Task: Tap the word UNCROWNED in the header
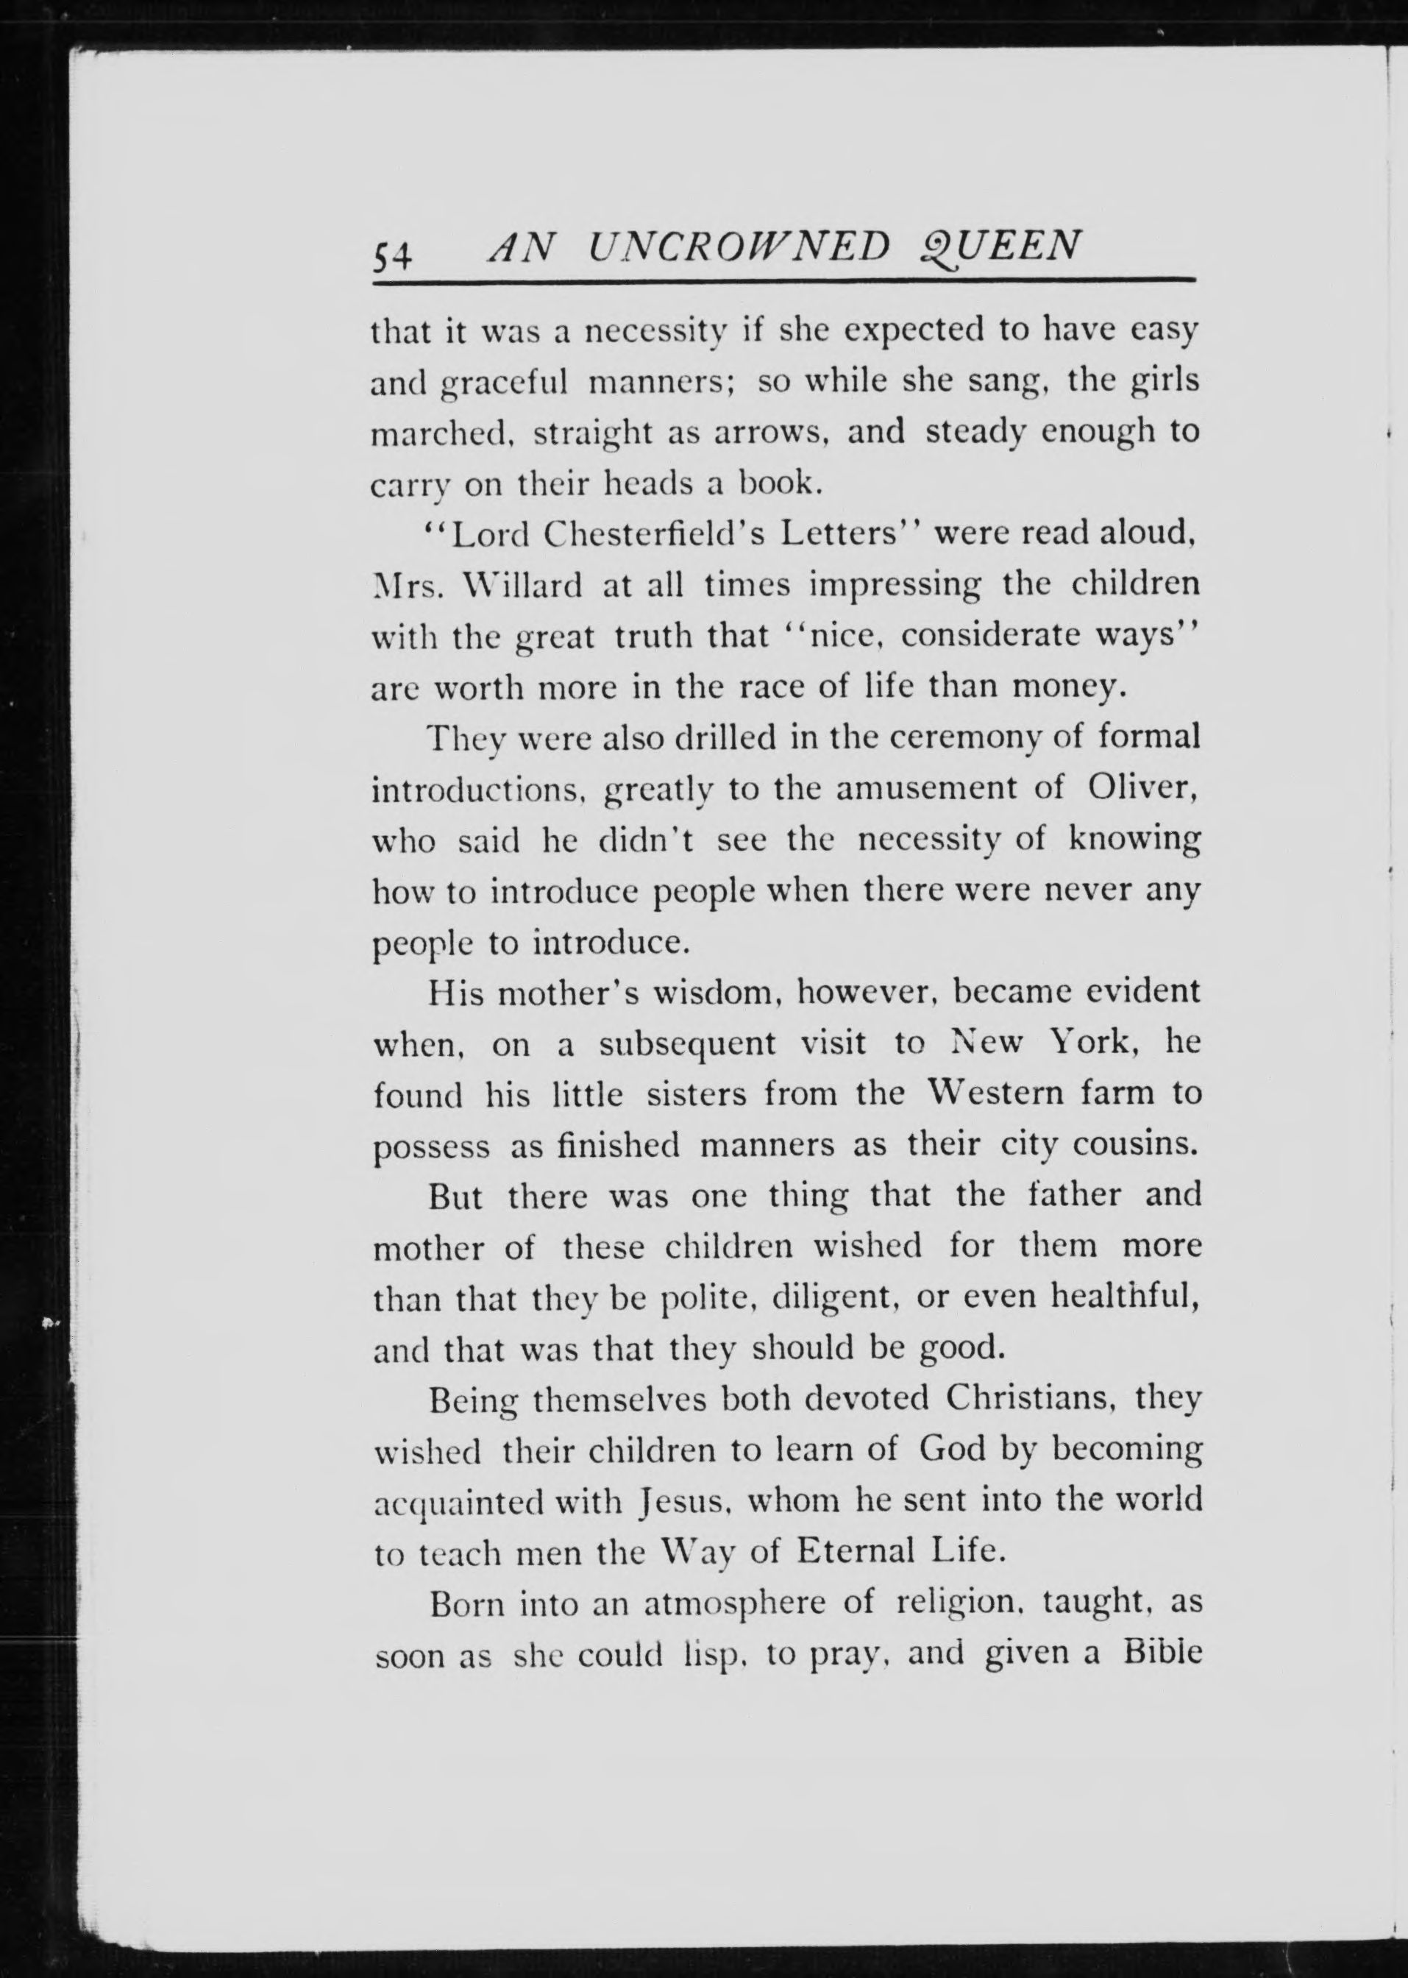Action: (x=739, y=247)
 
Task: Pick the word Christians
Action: (x=1029, y=1398)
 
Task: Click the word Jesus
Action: (x=680, y=1500)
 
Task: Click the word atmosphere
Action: (x=734, y=1603)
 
